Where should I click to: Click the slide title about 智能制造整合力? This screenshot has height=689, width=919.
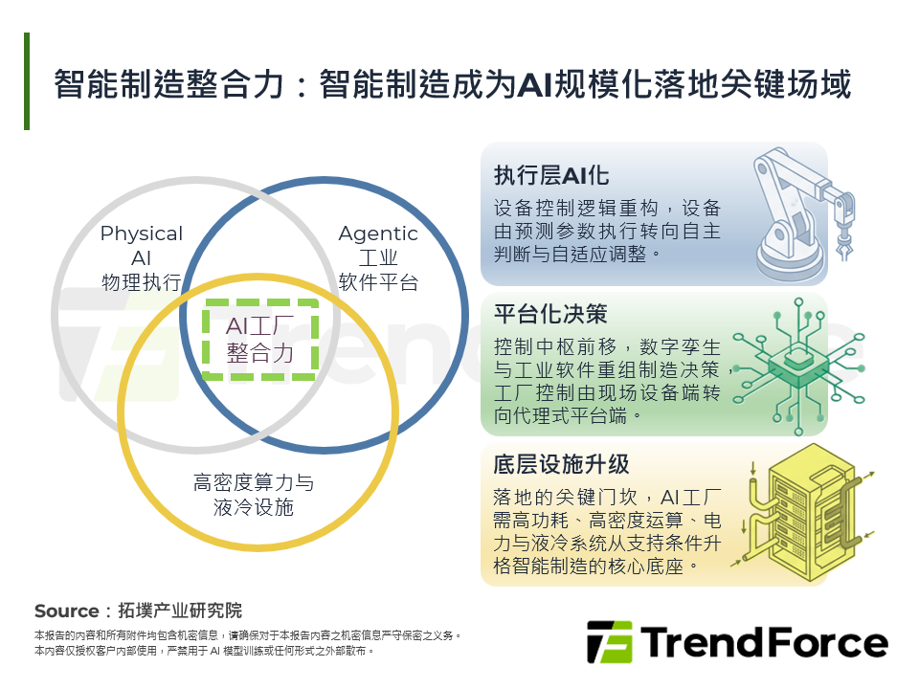coord(452,84)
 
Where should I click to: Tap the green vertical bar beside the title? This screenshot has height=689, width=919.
coord(27,81)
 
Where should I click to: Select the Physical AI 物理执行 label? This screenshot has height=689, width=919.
coord(141,257)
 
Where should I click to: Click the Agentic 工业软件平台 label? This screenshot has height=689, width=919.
coord(378,257)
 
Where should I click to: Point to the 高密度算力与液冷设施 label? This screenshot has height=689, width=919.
coord(254,495)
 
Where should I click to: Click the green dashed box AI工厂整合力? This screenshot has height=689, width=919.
coord(260,340)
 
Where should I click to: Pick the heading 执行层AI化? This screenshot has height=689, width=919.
coord(551,176)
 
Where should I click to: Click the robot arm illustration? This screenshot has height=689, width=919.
coord(802,210)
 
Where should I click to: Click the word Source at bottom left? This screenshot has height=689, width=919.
coord(66,611)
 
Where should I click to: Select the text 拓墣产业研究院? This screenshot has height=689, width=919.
coord(180,611)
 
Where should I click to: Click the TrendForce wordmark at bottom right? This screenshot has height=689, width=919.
coord(764,642)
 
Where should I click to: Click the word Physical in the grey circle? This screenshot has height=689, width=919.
coord(141,233)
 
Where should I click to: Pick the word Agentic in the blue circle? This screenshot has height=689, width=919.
coord(378,233)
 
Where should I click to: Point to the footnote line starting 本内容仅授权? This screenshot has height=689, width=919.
coord(204,651)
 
